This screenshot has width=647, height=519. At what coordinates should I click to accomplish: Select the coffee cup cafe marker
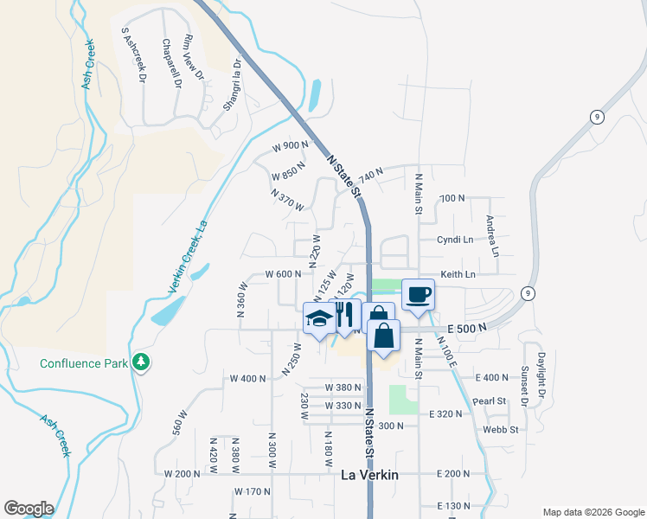tap(418, 294)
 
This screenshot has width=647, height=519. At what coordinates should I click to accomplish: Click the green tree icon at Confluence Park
tap(140, 362)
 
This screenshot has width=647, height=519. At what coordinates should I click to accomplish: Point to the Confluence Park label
tap(83, 362)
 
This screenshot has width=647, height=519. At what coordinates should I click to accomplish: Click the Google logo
tap(29, 509)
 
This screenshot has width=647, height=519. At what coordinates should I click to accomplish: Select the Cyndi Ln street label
tap(455, 240)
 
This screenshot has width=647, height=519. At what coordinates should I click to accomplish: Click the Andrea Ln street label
tap(491, 235)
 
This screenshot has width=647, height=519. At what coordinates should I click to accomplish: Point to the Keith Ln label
tap(458, 274)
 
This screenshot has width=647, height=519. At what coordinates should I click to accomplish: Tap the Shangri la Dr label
tap(232, 85)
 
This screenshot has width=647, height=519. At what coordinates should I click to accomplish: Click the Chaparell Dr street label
tap(170, 64)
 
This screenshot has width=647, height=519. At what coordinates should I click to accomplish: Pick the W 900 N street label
tap(290, 145)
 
